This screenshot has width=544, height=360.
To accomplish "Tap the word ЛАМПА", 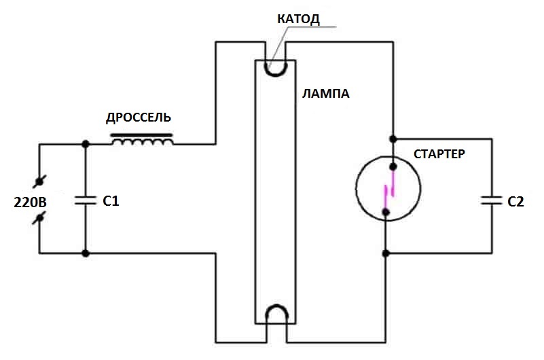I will [326, 94].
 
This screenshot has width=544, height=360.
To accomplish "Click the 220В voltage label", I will [30, 202].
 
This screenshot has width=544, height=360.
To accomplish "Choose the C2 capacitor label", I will [516, 201].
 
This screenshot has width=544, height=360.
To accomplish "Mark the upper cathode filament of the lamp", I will [276, 68].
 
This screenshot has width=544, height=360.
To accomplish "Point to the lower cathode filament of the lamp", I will [276, 313].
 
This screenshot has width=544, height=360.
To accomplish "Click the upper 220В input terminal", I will [40, 181].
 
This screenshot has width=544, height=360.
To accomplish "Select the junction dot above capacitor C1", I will [86, 144].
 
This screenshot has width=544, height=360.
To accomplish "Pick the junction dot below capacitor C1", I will [86, 253].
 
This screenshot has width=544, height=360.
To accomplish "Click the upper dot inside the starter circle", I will [393, 166].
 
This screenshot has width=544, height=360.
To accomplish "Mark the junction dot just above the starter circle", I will [393, 139].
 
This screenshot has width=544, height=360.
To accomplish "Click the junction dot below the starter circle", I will [386, 253].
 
